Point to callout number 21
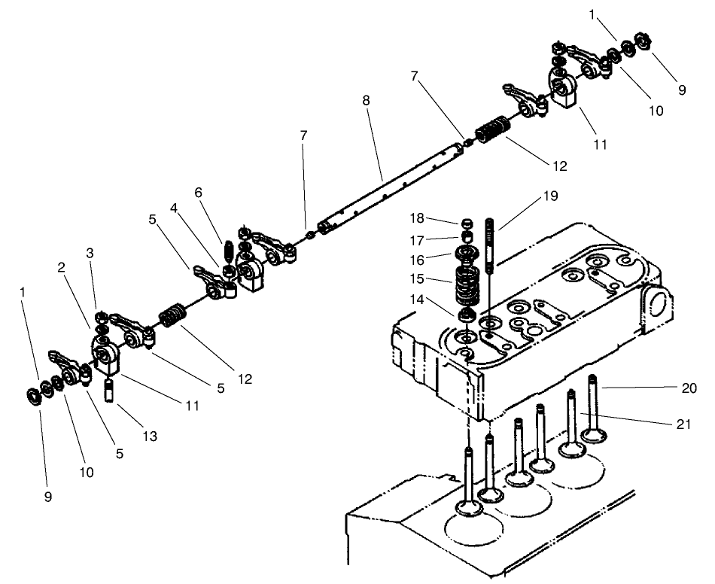click(682, 424)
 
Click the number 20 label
click(688, 388)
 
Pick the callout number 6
click(199, 193)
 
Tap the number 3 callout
click(90, 254)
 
